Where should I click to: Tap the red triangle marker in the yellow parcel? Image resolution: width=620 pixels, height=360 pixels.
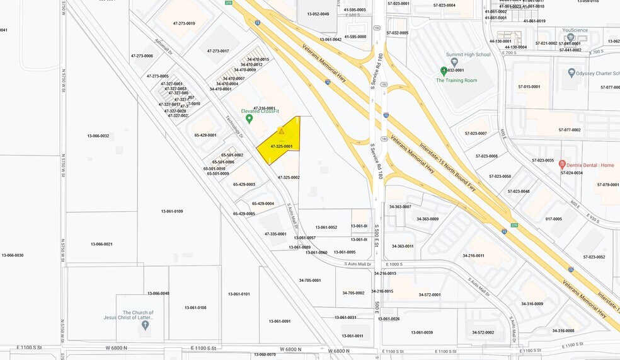282,131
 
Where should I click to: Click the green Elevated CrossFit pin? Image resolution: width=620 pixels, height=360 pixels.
249,119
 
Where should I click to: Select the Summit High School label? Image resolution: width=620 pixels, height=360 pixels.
468,55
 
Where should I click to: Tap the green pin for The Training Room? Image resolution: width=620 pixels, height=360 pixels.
444,71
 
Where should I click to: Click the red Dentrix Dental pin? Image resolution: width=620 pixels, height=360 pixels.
562,164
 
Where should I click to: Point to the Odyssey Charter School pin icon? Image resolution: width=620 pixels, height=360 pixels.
571,73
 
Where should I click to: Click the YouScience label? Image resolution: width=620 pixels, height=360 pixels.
575,30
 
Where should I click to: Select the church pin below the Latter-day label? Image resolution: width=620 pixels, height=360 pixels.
146,325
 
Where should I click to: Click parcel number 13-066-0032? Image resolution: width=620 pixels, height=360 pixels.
98,136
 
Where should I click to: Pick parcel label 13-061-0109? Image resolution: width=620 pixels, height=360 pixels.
171,211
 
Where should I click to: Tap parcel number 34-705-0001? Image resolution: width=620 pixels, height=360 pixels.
309,281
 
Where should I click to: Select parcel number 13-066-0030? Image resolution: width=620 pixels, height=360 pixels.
13,255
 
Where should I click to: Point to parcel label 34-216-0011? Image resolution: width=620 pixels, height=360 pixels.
473,255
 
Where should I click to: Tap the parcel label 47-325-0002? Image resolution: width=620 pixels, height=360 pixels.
289,178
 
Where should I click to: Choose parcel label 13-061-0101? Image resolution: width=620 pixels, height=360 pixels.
239,294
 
